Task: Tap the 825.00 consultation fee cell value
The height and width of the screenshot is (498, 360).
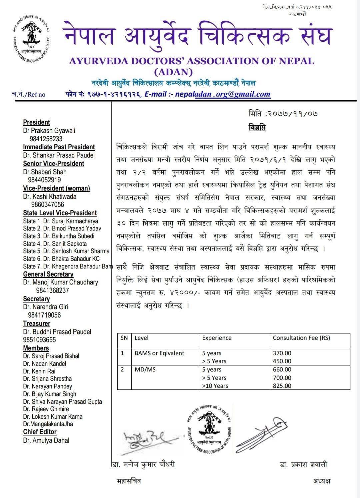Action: click(282, 386)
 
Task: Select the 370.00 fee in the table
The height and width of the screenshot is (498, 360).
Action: click(282, 353)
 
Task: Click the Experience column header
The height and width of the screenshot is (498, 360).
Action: click(217, 338)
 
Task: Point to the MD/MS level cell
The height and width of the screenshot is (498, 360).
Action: click(145, 369)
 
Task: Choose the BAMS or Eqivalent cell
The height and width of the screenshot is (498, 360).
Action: click(159, 353)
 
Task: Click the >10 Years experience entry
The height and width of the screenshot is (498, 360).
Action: click(215, 386)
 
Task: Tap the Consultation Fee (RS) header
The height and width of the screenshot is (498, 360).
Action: click(301, 338)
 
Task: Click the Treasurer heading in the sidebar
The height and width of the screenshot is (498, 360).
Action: click(37, 323)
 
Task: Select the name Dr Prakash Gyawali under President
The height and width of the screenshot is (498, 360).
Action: click(49, 131)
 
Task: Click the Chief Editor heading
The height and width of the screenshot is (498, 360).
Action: click(40, 432)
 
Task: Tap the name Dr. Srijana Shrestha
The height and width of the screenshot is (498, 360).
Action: click(47, 379)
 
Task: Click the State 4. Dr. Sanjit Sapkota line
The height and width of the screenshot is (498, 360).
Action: click(55, 244)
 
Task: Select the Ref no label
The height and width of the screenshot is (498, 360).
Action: click(28, 94)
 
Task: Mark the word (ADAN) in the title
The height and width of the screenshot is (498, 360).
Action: click(173, 72)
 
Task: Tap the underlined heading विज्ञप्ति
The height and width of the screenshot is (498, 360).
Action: click(257, 128)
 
